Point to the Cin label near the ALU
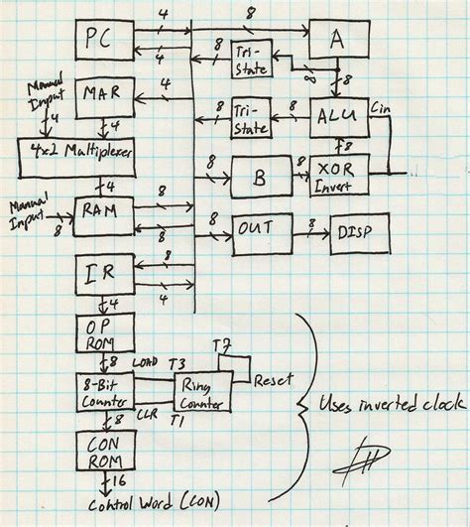pos(382,101)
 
